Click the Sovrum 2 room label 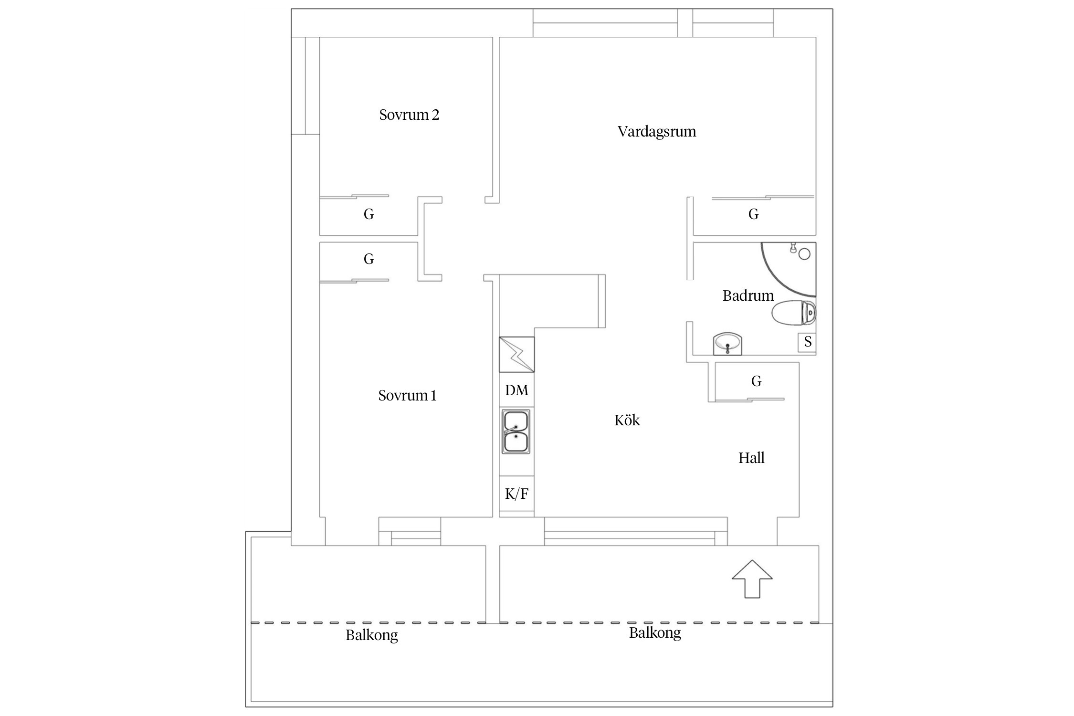coord(409,115)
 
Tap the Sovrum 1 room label coord(407,396)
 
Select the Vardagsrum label coord(656,132)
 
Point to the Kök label coord(627,421)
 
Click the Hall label coord(751,458)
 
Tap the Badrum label coord(748,296)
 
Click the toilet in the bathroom coord(793,313)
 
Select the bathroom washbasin coord(727,343)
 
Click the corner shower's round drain coord(804,254)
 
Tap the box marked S coord(808,342)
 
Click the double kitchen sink coord(516,431)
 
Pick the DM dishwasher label coord(516,390)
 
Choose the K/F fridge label coord(516,494)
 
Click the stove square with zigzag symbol coord(516,354)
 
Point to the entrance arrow coord(752,579)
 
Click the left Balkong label coord(371,635)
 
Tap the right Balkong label coord(654,633)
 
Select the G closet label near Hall coord(756,381)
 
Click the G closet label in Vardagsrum coord(753,214)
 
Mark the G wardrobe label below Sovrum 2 coord(369,214)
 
